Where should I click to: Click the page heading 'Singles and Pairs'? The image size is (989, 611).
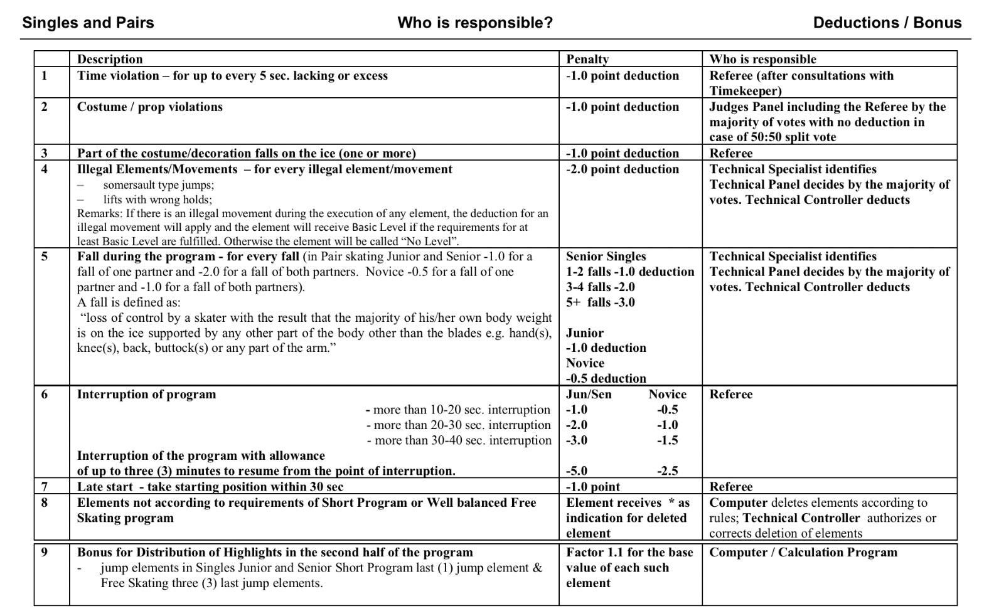(x=88, y=23)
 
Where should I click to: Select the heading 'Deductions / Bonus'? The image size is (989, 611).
(x=887, y=23)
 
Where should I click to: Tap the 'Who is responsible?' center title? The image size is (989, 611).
(x=475, y=23)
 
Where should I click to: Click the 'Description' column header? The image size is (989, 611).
(x=110, y=59)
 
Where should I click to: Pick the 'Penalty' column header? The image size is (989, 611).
(x=587, y=59)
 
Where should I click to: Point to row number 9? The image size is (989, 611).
(x=44, y=552)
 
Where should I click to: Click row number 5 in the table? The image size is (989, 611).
(x=44, y=256)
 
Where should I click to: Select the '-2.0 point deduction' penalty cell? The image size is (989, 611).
(x=622, y=169)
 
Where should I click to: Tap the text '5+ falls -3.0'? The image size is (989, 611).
(x=600, y=302)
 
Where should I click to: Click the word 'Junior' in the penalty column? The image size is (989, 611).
(x=585, y=332)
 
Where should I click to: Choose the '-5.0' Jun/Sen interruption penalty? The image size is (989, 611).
(x=577, y=470)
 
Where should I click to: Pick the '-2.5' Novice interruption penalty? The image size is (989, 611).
(x=667, y=470)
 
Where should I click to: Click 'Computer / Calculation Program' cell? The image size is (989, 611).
(x=803, y=552)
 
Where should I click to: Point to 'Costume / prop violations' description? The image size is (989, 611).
(x=149, y=107)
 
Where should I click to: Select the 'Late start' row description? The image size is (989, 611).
(x=210, y=486)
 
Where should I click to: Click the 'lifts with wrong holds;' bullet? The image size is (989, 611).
(x=158, y=199)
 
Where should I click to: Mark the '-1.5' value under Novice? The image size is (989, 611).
(x=667, y=440)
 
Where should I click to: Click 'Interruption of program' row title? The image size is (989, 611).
(x=146, y=394)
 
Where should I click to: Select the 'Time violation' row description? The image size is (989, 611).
(x=232, y=75)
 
